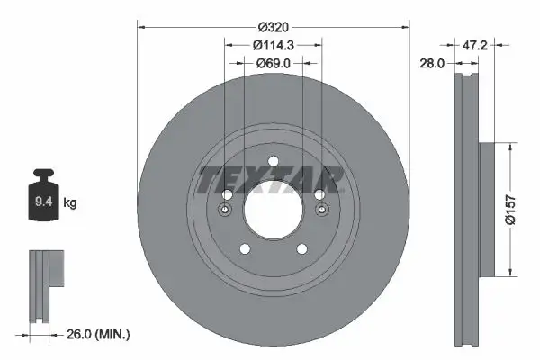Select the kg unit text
pos(70,203)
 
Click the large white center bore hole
pos(273,209)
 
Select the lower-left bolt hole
pos(244,249)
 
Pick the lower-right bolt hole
pos(301,249)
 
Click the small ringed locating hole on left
pos(225,210)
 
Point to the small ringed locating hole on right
pos(321,210)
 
